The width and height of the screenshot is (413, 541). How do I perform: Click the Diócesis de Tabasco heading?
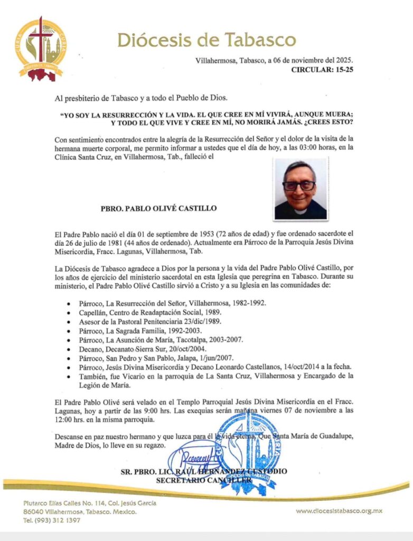click(207, 40)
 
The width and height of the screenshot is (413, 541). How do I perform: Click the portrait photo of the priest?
click(301, 189)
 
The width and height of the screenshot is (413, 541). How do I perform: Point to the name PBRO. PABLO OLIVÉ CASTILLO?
click(158, 208)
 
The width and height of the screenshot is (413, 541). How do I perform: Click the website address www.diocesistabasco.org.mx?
click(339, 511)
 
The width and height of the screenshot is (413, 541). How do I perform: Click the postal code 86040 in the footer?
click(34, 512)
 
